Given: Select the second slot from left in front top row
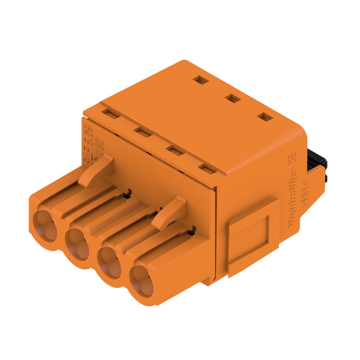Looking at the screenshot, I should [143, 132].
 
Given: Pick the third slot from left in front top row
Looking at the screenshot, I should [175, 150].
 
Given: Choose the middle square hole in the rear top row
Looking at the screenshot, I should [232, 98].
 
